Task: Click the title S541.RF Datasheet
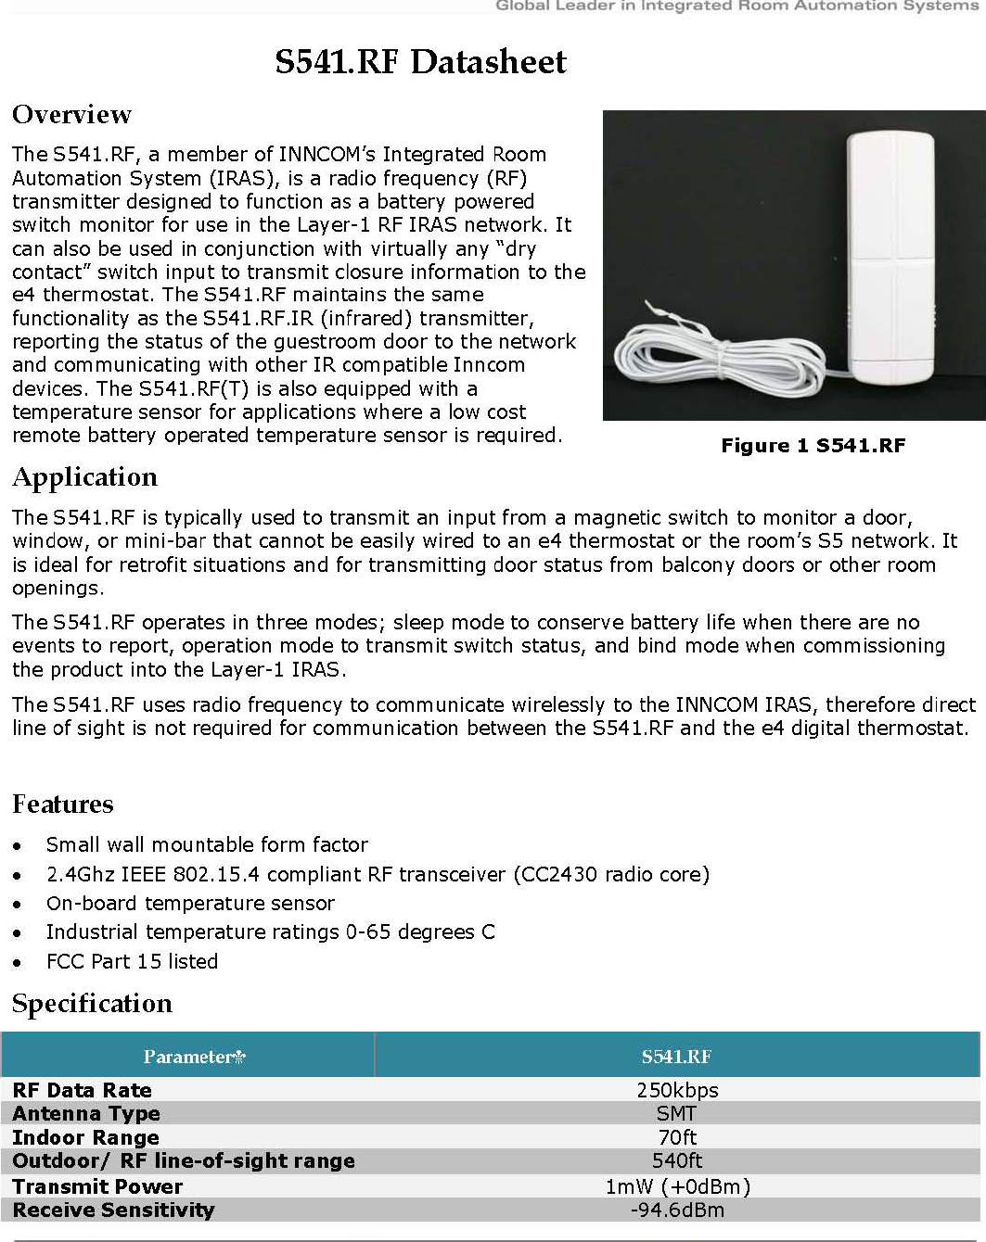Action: coord(420,62)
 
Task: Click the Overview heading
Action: coord(72,115)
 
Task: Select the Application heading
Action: coord(85,477)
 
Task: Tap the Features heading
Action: coord(63,805)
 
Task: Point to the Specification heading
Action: coord(93,1004)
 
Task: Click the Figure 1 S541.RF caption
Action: coord(813,446)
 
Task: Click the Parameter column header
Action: coord(193,1057)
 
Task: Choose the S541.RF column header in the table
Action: coord(676,1057)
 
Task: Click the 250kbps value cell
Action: coord(677,1090)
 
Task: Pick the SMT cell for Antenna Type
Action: coord(676,1113)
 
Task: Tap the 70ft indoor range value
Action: coord(677,1137)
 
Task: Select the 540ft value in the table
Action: coord(677,1160)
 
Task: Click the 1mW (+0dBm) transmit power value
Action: coord(677,1186)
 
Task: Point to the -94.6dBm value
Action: coord(677,1210)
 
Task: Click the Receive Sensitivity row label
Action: coord(113,1210)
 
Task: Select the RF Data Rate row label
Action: coord(82,1090)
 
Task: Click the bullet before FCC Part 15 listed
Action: coord(18,963)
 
